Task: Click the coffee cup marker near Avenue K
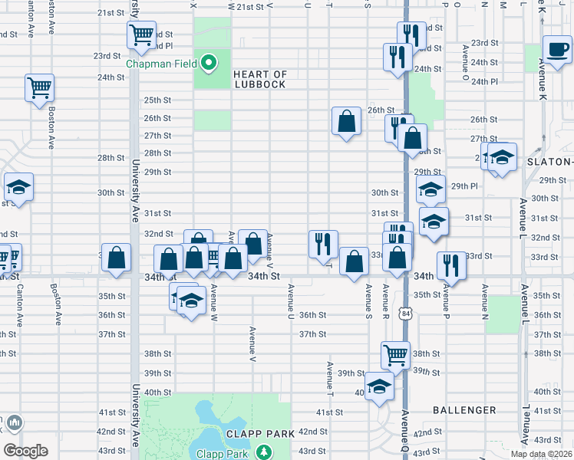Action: pyautogui.click(x=556, y=48)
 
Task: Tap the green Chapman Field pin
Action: pyautogui.click(x=207, y=61)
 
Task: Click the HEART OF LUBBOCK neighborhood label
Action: pyautogui.click(x=260, y=79)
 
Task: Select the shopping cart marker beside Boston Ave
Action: pyautogui.click(x=39, y=87)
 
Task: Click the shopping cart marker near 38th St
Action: pyautogui.click(x=396, y=355)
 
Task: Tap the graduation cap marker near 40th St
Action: pyautogui.click(x=379, y=387)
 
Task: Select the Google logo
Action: pyautogui.click(x=25, y=451)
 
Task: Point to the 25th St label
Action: pyautogui.click(x=157, y=100)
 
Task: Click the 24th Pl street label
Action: pyautogui.click(x=484, y=82)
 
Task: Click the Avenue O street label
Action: pyautogui.click(x=466, y=62)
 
